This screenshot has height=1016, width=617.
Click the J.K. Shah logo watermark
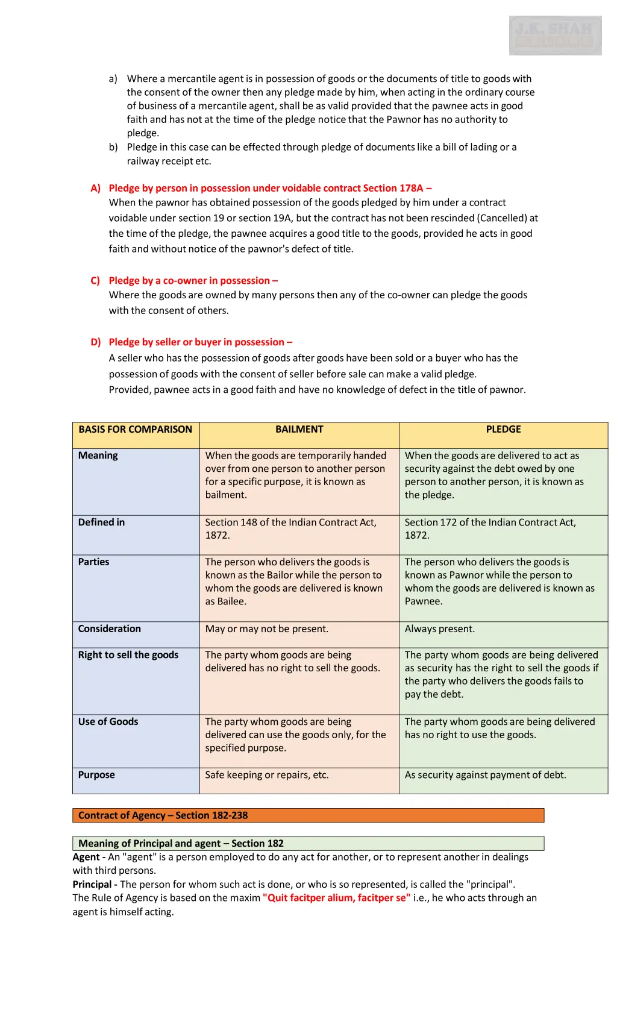(x=555, y=36)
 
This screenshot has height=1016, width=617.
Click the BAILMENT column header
(x=299, y=430)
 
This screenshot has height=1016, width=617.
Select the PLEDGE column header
(x=503, y=430)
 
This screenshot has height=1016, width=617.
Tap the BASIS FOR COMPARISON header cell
(x=135, y=430)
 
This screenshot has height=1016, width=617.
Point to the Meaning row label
(x=98, y=456)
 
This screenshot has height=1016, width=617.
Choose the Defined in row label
(x=101, y=522)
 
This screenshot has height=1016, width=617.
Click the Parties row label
(x=94, y=562)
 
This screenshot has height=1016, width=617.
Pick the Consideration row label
(x=109, y=629)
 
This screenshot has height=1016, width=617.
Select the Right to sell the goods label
(x=128, y=655)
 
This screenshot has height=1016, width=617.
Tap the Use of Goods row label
(x=108, y=722)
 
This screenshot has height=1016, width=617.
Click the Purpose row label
(x=96, y=775)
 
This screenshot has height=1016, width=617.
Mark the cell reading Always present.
(x=439, y=629)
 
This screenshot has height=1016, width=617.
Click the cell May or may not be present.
(x=266, y=629)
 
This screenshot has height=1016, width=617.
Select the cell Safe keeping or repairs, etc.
(x=266, y=775)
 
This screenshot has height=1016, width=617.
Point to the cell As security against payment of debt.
(x=485, y=775)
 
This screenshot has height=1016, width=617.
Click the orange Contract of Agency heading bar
(x=308, y=815)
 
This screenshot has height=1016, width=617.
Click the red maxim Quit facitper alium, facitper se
(x=336, y=898)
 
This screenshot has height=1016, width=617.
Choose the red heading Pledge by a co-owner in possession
(x=193, y=281)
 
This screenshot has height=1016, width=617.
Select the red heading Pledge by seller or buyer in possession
(x=200, y=342)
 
